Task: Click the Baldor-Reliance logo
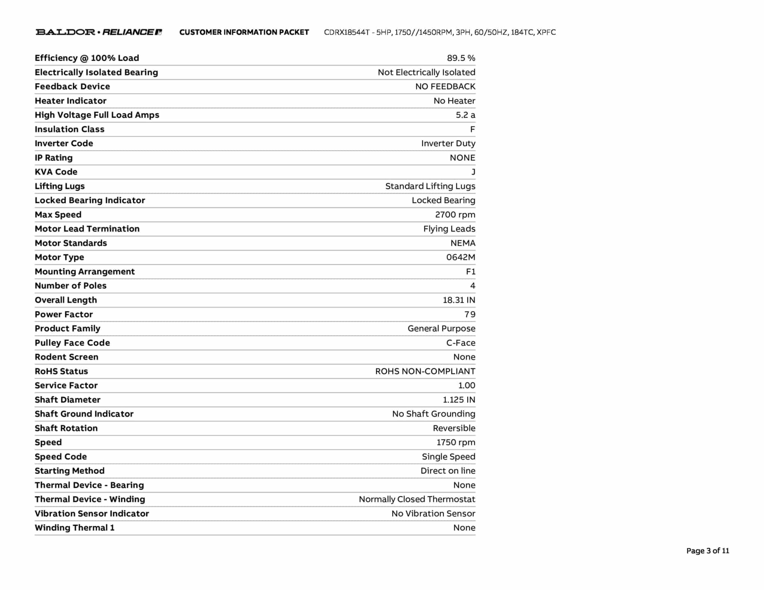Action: (x=98, y=32)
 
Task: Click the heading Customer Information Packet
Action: (x=244, y=32)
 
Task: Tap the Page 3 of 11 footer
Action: (x=707, y=551)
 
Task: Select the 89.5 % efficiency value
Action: (x=461, y=58)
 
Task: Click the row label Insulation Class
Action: (x=69, y=129)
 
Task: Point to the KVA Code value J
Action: (x=473, y=172)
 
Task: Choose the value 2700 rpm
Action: (x=455, y=215)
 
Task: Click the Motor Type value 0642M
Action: (x=460, y=257)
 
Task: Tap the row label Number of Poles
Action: (x=71, y=286)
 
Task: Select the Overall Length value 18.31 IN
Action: (x=458, y=300)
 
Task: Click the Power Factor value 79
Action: (x=470, y=314)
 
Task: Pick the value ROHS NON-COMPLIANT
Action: (x=425, y=371)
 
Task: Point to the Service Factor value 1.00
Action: (x=466, y=386)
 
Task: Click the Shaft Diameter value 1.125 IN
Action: (x=458, y=400)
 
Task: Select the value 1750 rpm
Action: (x=455, y=443)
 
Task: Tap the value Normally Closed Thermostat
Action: (x=417, y=499)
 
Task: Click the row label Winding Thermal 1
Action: (x=75, y=528)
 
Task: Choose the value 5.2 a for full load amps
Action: (x=465, y=115)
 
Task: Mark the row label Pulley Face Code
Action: (x=72, y=343)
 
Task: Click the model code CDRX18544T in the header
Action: (x=347, y=32)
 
